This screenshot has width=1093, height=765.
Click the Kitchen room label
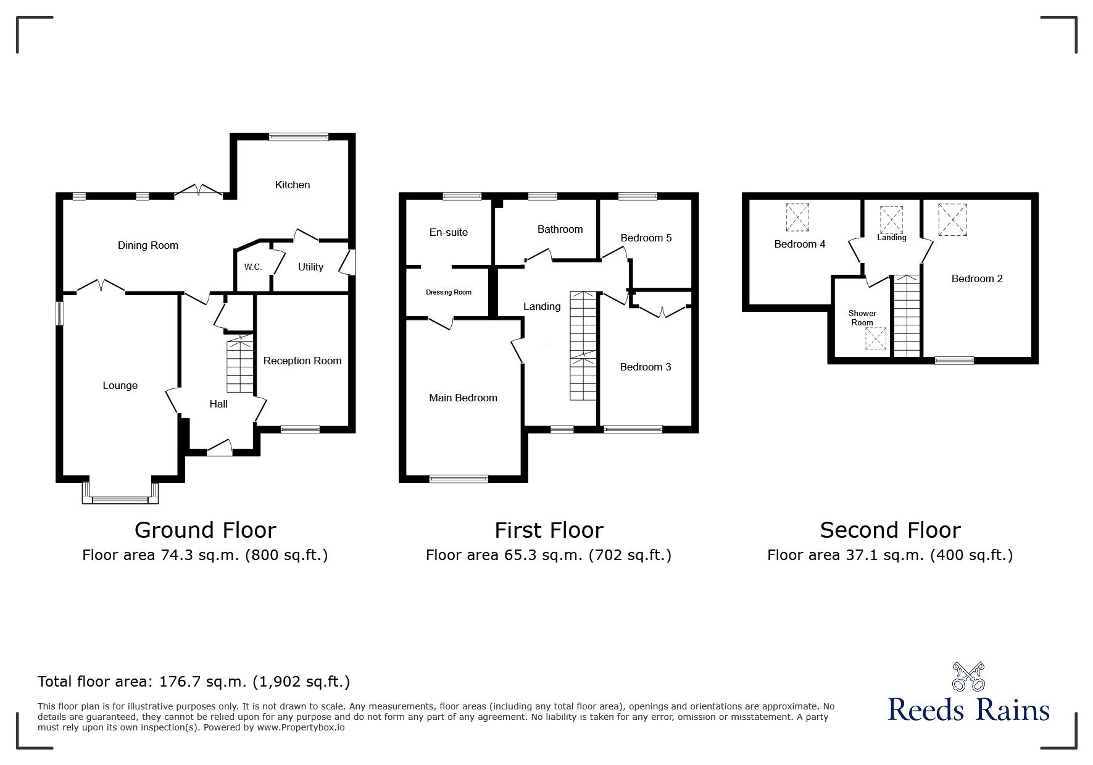point(293,185)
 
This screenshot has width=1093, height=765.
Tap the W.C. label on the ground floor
point(253,267)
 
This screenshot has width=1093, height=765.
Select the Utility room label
point(310,267)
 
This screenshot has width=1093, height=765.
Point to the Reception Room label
point(302,361)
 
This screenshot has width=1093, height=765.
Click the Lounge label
point(120,386)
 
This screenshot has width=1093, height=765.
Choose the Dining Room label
point(148,245)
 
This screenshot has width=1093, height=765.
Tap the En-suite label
point(449,232)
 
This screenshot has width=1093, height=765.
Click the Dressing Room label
point(449,292)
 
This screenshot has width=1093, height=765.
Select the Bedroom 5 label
point(646,238)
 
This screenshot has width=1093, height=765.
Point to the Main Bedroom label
point(463,398)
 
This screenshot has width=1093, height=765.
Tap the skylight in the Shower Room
point(875,338)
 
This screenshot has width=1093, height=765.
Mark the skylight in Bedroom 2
point(953,220)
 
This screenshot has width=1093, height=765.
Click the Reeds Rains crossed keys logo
point(969,677)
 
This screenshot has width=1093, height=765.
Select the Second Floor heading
point(890,530)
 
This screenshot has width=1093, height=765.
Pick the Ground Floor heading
point(206,530)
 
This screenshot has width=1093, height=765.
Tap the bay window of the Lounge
point(120,492)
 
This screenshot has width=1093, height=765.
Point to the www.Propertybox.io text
point(301,727)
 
